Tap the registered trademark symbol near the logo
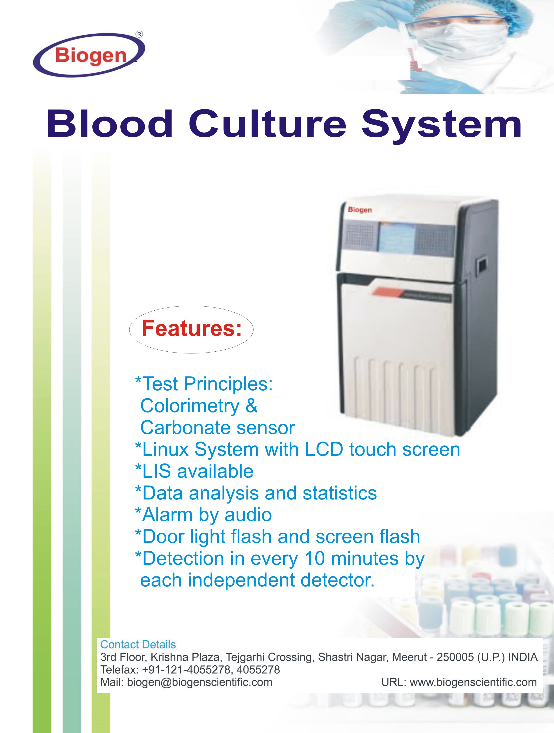click(140, 34)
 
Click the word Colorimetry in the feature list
click(190, 406)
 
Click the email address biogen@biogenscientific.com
click(199, 682)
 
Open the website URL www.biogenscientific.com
click(473, 682)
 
